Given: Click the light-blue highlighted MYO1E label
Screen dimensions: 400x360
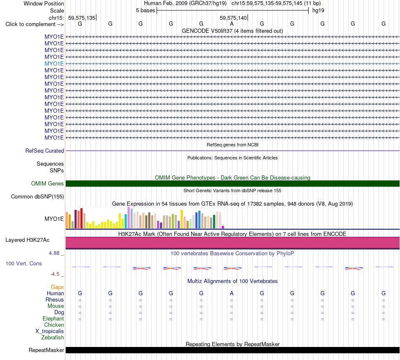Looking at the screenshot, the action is tap(54, 64).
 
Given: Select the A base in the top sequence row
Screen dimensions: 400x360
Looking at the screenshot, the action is tap(232, 24).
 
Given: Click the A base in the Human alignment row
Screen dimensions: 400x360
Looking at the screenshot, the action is tap(232, 294).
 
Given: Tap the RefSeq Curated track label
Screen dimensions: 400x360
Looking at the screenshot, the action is tap(45, 151).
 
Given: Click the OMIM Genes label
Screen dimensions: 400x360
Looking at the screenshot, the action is tap(48, 183).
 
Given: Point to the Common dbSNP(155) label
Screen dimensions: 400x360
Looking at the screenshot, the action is tap(37, 197).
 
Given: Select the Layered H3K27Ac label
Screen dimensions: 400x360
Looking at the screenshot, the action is tap(27, 240).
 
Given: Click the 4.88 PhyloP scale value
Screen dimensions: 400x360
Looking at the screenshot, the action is tap(54, 253).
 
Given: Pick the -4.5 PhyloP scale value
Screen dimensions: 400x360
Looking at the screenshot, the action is tap(55, 274).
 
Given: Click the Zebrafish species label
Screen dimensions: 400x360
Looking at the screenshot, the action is tap(53, 338).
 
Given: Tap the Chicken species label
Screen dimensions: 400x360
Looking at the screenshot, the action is tap(54, 325).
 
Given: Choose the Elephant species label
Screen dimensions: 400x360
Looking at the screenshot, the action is tap(53, 319).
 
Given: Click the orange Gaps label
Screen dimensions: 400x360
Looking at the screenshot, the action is tap(57, 287).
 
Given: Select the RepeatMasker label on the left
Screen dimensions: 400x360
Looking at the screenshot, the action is tap(46, 350).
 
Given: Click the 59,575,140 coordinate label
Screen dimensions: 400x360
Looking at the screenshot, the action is tap(233, 18).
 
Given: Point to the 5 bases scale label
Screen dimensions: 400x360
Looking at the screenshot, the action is tap(145, 11).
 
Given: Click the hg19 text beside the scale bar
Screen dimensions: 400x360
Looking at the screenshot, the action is tap(318, 11).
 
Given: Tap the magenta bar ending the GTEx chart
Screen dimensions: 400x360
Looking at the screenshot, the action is tap(223, 227).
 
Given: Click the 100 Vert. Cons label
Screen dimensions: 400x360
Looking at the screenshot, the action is tap(24, 263).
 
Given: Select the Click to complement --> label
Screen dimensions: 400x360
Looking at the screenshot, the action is tap(35, 24).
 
